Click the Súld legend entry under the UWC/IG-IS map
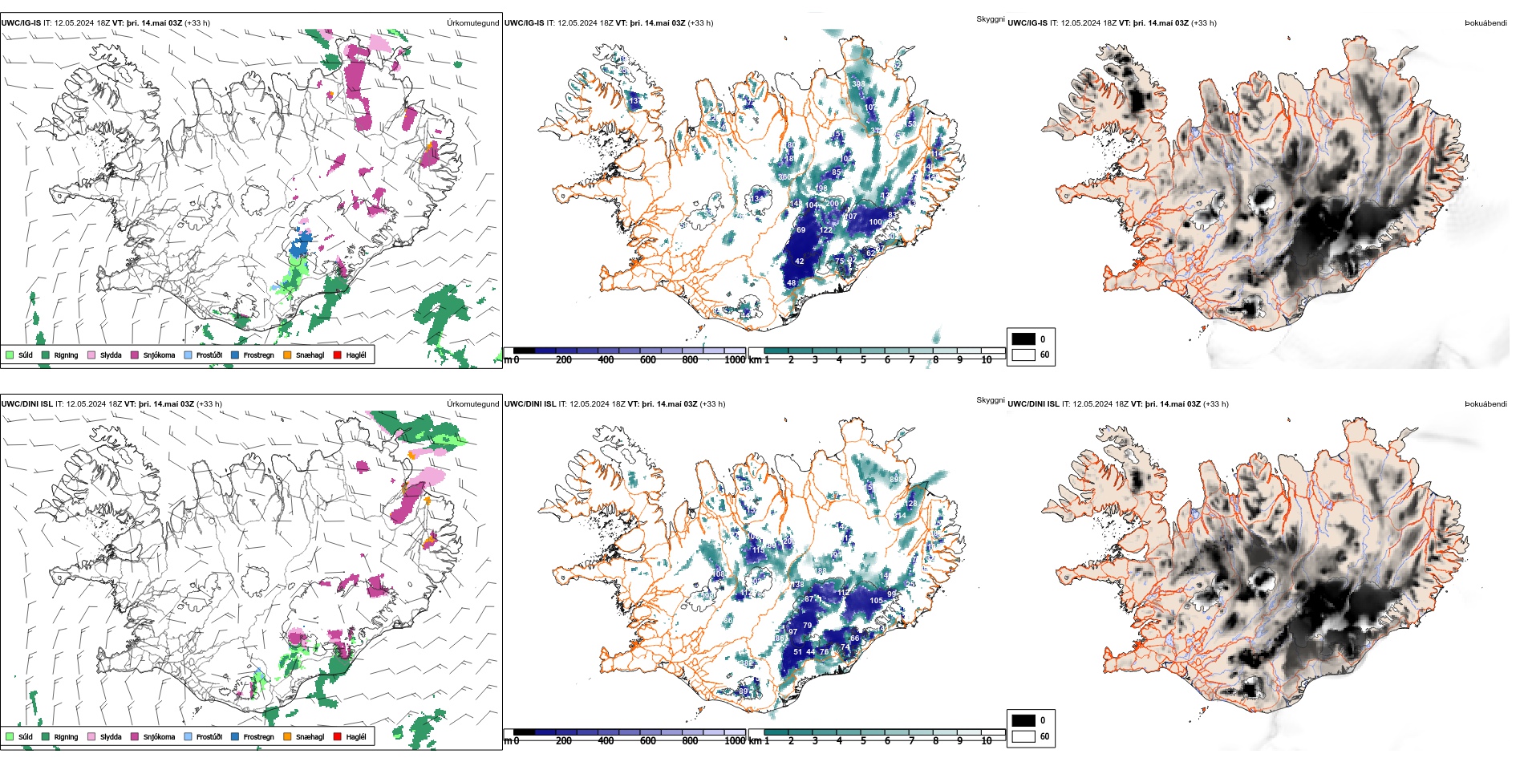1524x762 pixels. click(x=19, y=355)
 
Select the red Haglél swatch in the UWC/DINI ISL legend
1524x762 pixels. click(x=337, y=736)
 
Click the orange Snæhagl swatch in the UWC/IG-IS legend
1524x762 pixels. click(x=287, y=355)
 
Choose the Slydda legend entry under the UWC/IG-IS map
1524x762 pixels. click(x=104, y=355)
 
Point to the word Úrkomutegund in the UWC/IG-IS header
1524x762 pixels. click(x=472, y=23)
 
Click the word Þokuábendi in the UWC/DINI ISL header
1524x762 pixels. click(x=1485, y=404)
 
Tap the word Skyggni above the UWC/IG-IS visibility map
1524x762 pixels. click(x=990, y=19)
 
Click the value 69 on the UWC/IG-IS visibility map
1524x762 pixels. click(x=801, y=230)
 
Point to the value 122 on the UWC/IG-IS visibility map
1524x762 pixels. click(x=825, y=230)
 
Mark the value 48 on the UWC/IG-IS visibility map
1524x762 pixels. click(x=792, y=283)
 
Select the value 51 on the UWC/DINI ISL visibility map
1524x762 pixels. click(x=798, y=652)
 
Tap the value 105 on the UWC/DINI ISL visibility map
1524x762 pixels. click(x=876, y=601)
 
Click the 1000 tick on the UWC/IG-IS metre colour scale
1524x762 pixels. click(x=735, y=360)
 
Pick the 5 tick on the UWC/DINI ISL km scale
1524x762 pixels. click(x=863, y=741)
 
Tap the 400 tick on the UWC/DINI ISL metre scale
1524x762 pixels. click(x=606, y=741)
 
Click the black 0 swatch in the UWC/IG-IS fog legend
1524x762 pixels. click(x=1023, y=338)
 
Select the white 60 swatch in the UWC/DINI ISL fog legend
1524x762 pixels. click(x=1023, y=736)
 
